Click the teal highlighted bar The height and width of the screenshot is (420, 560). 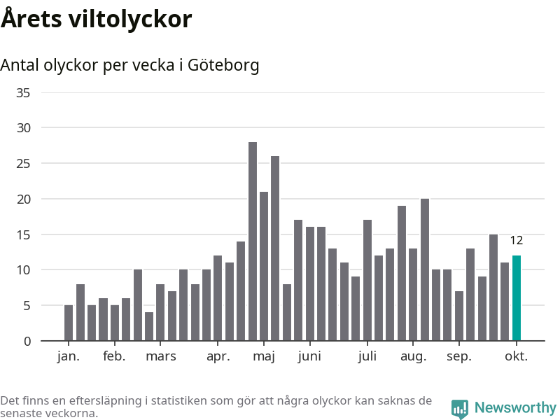(517, 298)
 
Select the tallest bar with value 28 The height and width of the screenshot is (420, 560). (253, 241)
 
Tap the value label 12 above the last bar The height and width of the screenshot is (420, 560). (517, 241)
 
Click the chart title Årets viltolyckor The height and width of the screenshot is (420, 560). (96, 19)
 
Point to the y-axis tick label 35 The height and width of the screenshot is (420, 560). (23, 92)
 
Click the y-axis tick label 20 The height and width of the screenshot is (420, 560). (23, 199)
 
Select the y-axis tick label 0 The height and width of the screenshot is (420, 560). (27, 341)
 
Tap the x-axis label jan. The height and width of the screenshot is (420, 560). (69, 356)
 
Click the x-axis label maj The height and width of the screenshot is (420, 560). (264, 356)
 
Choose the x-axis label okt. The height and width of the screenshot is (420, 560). (517, 356)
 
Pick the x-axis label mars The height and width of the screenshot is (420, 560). (160, 356)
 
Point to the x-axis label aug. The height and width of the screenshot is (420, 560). (413, 356)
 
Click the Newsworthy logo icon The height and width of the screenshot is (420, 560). (460, 409)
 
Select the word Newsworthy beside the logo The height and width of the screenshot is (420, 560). (515, 407)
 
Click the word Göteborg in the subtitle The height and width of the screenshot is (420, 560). (223, 65)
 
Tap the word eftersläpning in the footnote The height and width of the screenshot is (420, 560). (103, 401)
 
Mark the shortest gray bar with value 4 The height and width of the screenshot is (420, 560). (149, 326)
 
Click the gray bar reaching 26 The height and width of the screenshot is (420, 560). (275, 248)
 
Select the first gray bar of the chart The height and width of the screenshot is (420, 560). (69, 323)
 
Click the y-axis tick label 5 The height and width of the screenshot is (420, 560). (27, 305)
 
